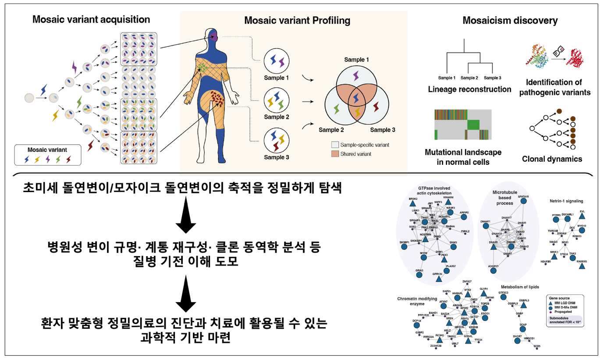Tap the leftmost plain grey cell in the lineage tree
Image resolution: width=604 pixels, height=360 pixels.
[x=29, y=98]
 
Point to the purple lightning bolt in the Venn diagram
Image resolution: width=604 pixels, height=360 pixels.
[x=355, y=77]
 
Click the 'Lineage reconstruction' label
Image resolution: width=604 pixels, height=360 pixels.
[x=470, y=89]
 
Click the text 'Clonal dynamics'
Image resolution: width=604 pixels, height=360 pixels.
[x=552, y=159]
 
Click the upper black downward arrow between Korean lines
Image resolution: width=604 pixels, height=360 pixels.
[x=186, y=219]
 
